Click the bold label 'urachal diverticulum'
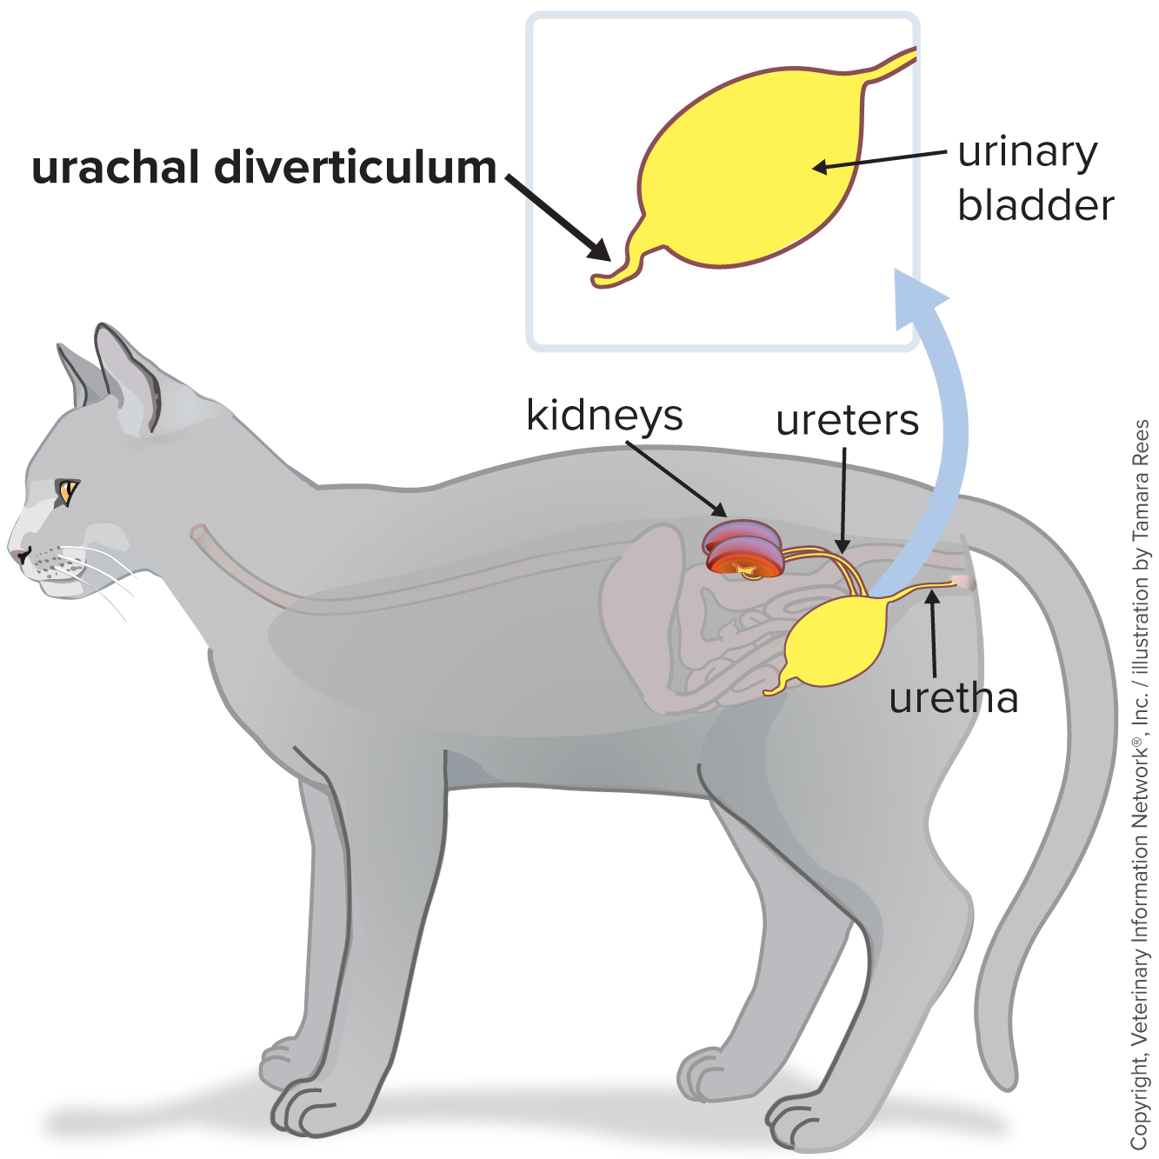[x=263, y=168]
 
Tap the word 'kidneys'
[x=604, y=416]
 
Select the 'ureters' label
[x=847, y=421]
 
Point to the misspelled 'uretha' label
[x=953, y=698]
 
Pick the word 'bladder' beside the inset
[x=1036, y=206]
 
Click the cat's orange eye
[x=66, y=491]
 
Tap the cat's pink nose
[x=17, y=554]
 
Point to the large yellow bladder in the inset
[x=748, y=165]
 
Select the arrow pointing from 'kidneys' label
[x=676, y=478]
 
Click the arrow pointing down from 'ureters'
[x=843, y=500]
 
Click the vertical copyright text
[x=1140, y=783]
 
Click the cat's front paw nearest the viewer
[x=304, y=1104]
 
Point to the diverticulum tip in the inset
[x=602, y=280]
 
